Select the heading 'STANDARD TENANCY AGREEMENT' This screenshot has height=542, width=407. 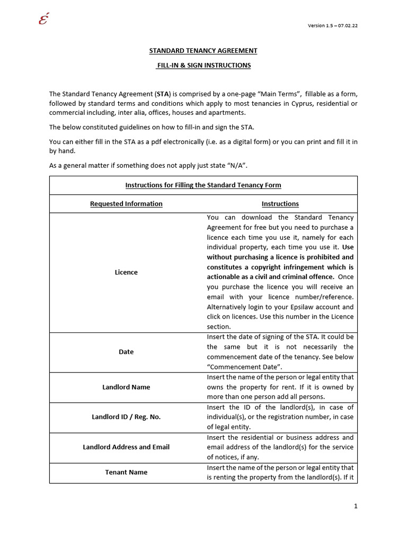[203, 51]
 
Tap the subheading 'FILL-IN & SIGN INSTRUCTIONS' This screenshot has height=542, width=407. [203, 65]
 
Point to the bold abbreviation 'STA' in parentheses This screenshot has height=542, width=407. [163, 94]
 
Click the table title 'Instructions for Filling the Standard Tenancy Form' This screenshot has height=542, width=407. [203, 185]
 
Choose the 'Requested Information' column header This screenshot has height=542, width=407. [126, 204]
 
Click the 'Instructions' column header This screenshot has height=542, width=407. [280, 204]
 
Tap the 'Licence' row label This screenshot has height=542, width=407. [126, 272]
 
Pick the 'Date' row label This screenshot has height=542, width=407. [126, 352]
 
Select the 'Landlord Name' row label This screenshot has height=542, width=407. [126, 387]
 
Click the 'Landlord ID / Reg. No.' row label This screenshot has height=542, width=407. [126, 417]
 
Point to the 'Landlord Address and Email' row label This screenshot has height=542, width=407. [126, 447]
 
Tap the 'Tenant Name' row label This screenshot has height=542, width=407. [126, 472]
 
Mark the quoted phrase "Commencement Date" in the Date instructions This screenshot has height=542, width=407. [244, 367]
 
